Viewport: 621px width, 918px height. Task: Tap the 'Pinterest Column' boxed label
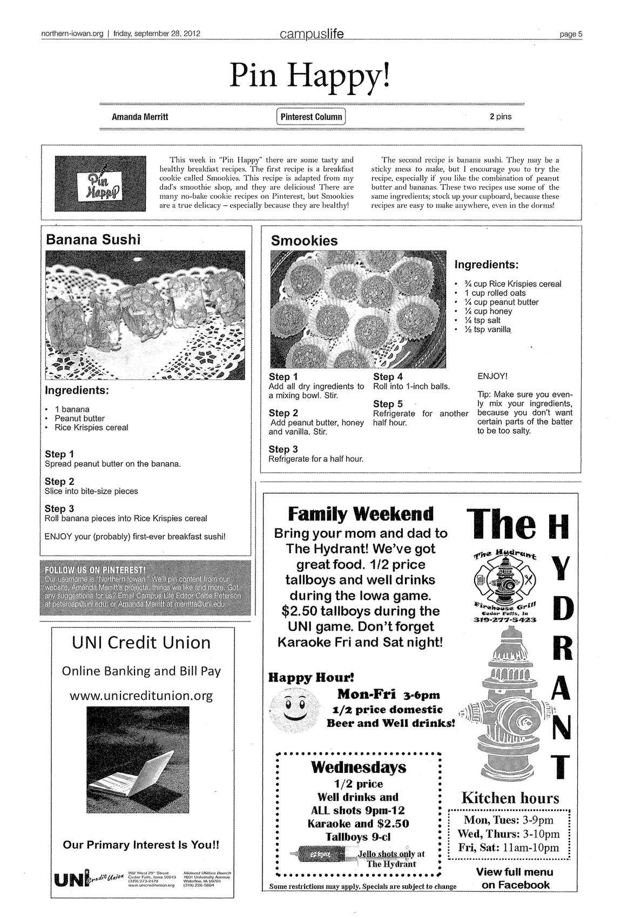(311, 117)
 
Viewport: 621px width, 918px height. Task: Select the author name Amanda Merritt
(139, 117)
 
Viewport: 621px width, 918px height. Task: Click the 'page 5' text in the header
(570, 34)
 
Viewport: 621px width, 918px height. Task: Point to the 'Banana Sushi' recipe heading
(93, 239)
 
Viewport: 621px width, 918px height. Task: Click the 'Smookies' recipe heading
(304, 241)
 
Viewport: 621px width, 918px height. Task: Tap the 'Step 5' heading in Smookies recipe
(388, 404)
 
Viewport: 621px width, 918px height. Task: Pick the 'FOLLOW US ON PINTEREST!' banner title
(96, 570)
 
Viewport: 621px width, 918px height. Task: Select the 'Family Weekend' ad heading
(360, 513)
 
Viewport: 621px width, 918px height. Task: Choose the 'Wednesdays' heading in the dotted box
(359, 767)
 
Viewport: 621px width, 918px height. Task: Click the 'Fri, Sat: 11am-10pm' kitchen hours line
(508, 847)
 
